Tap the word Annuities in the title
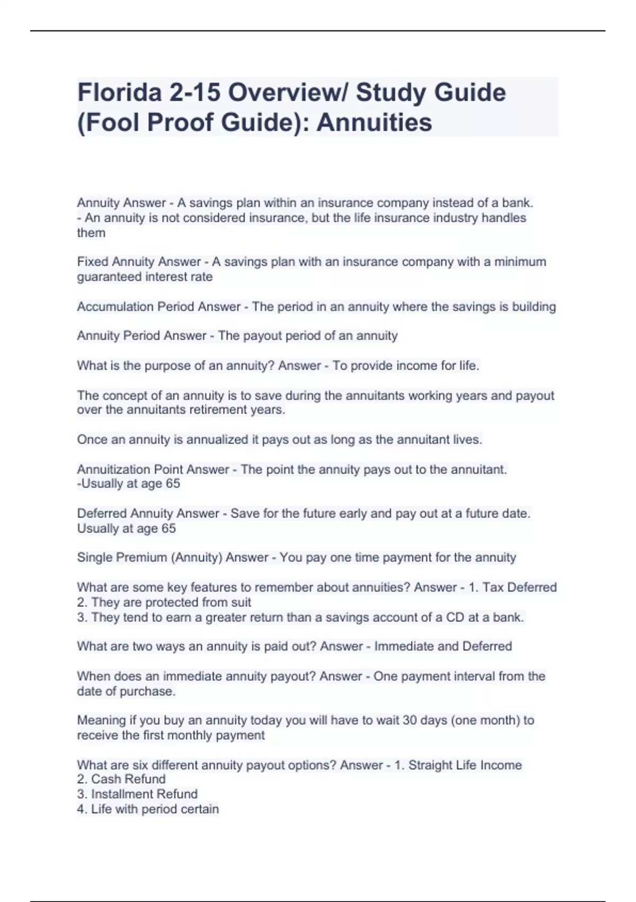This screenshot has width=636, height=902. [374, 123]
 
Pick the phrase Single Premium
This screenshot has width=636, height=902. [122, 558]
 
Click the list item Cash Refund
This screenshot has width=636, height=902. [128, 779]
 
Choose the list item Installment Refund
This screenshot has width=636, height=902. [144, 794]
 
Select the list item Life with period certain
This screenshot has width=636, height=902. [155, 809]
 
